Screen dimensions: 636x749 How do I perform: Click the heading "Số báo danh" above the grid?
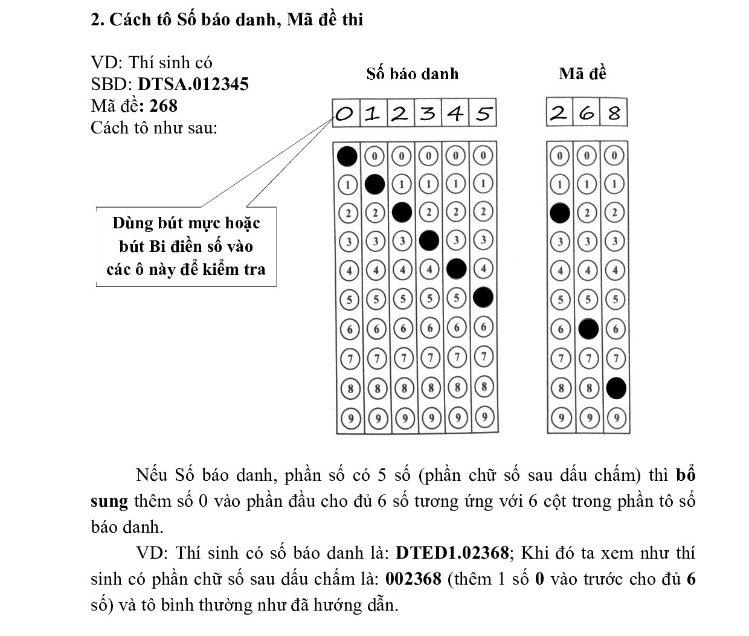coord(413,74)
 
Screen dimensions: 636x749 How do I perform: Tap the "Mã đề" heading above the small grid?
coord(582,74)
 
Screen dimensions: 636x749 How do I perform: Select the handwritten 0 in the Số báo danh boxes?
coord(345,114)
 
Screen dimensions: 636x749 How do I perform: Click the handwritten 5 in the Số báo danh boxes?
coord(483,114)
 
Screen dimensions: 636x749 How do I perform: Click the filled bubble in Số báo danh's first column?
coord(347,156)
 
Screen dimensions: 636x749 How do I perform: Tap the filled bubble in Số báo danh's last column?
coord(483,297)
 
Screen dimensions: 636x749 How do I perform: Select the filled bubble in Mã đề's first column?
coord(560,213)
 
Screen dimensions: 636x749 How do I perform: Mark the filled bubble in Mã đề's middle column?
coord(588,329)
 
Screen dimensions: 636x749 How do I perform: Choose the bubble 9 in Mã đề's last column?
coord(616,417)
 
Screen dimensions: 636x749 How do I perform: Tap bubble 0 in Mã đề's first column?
coord(560,156)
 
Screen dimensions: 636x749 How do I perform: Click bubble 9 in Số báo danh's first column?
coord(349,417)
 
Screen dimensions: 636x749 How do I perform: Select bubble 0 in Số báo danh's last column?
coord(483,156)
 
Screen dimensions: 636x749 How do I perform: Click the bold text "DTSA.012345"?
coord(193,84)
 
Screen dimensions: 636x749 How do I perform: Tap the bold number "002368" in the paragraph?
coord(414,579)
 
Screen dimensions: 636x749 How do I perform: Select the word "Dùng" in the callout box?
coord(132,223)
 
